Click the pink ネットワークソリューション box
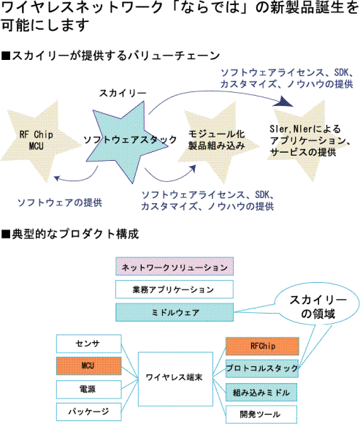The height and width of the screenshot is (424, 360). click(175, 266)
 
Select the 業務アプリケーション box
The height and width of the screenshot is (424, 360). click(175, 289)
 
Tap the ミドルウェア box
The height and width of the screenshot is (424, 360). click(175, 312)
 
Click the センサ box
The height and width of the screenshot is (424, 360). click(89, 344)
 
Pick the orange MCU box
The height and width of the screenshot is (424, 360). click(89, 366)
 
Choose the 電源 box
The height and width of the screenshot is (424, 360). click(89, 390)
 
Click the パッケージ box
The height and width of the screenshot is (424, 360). click(89, 412)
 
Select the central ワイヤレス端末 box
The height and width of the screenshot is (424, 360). click(175, 379)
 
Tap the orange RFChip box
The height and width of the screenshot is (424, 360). click(262, 346)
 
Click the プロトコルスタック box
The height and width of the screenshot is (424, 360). click(262, 368)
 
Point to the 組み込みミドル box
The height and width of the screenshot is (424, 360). click(261, 392)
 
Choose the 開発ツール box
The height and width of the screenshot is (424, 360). click(261, 414)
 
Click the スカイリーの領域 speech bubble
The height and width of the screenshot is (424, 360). click(318, 307)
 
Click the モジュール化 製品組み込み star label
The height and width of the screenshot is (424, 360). click(217, 140)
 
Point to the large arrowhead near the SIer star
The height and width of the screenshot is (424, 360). click(286, 101)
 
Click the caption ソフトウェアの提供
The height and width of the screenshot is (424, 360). click(60, 202)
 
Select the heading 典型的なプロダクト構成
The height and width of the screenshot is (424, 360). click(70, 234)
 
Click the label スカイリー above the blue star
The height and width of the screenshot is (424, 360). click(123, 93)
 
